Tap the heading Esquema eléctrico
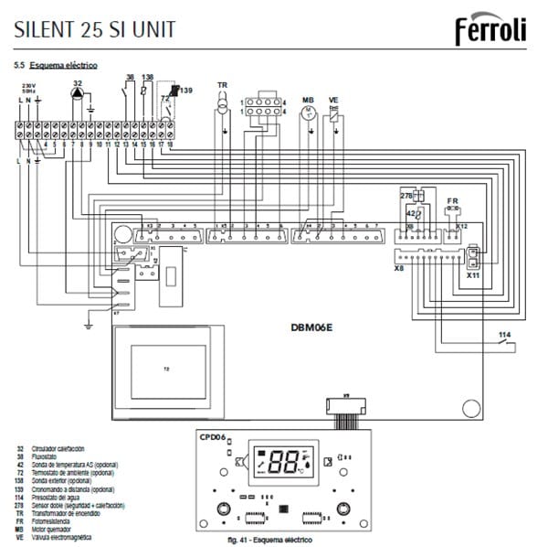click(62, 67)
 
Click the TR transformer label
click(221, 85)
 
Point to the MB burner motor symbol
click(308, 111)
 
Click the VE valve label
click(333, 98)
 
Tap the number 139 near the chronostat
click(185, 91)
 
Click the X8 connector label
click(398, 270)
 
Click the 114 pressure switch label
click(504, 336)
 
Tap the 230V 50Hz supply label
click(28, 90)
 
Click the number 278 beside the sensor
click(407, 196)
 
